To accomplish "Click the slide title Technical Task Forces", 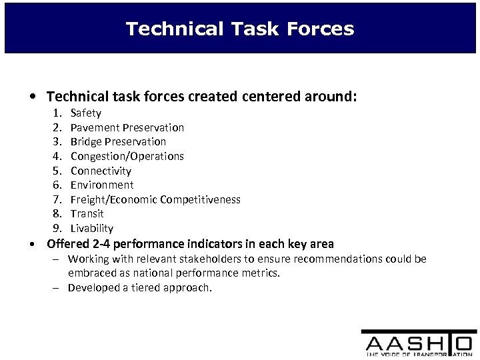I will tap(240, 29).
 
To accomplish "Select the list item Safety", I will tap(86, 113).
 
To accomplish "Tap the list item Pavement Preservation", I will tap(127, 127).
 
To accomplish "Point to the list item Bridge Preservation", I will tap(118, 141).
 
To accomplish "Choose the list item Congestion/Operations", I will tap(127, 156).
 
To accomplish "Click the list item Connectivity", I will tap(101, 171).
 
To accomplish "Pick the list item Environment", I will tap(102, 185).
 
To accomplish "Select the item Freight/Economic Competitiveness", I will tap(155, 199).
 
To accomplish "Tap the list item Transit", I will tap(87, 213).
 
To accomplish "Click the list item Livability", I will tap(92, 228).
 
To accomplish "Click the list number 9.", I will tap(57, 228).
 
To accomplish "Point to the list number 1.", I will tap(57, 113).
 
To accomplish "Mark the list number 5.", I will tap(57, 171).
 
